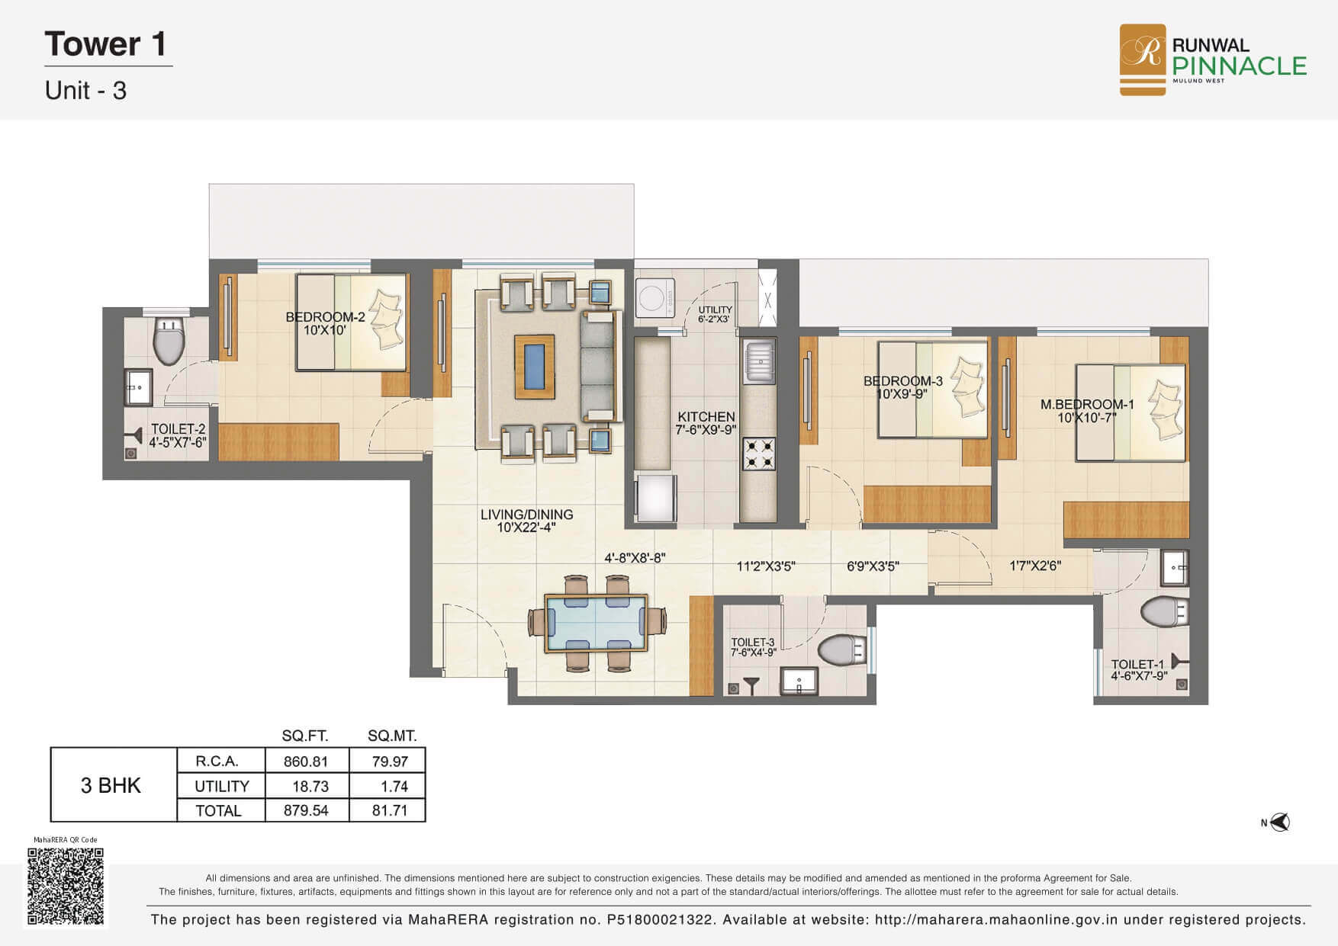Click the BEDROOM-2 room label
[x=326, y=317]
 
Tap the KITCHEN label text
[x=706, y=417]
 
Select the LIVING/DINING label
[x=526, y=515]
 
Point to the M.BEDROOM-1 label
[x=1087, y=405]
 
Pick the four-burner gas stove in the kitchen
[x=759, y=453]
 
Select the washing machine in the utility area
[x=655, y=297]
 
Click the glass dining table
[x=596, y=624]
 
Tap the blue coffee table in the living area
[x=535, y=367]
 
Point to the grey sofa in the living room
[x=598, y=366]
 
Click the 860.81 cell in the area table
[x=306, y=761]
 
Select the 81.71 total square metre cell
[x=390, y=810]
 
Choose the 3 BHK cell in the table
[x=111, y=785]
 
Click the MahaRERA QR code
[x=66, y=886]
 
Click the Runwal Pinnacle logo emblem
[x=1142, y=59]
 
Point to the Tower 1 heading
[x=105, y=44]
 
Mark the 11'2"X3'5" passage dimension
[x=766, y=566]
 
